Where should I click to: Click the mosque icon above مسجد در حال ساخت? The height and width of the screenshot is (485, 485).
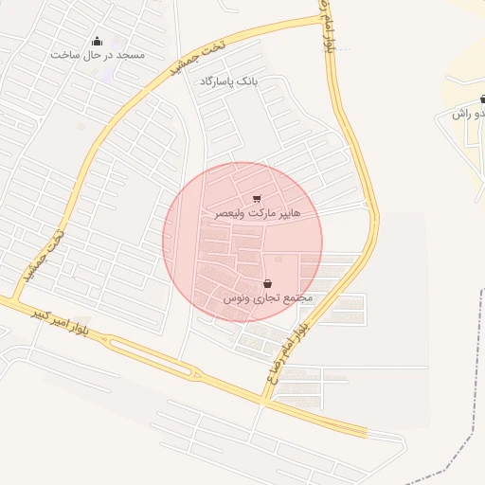pos(97,41)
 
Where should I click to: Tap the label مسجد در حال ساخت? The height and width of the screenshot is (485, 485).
pos(98,55)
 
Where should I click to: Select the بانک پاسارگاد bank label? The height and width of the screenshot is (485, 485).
pos(227,82)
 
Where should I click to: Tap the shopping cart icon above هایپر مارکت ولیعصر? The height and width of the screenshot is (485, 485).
pos(257,199)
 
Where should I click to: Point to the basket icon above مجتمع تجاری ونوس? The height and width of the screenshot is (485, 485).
pos(268,283)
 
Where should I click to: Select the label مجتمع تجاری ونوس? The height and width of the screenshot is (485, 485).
pos(268,297)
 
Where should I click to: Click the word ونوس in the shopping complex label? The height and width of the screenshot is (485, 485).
pos(237,297)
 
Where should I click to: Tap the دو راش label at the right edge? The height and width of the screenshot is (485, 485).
pos(465,114)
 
